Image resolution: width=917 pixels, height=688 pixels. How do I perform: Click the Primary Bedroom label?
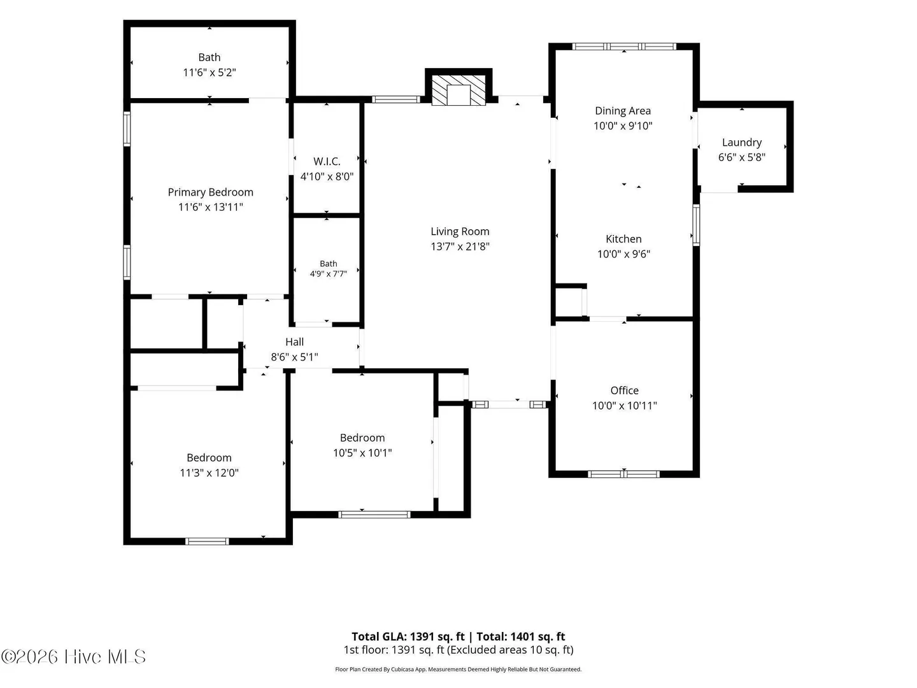pyautogui.click(x=210, y=192)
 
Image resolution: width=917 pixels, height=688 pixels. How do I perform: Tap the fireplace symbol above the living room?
pyautogui.click(x=458, y=90)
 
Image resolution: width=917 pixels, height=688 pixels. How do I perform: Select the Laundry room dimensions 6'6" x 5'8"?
pyautogui.click(x=741, y=157)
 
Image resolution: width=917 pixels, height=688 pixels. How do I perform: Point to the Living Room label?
pyautogui.click(x=460, y=231)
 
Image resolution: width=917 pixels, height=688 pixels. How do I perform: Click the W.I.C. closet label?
pyautogui.click(x=327, y=161)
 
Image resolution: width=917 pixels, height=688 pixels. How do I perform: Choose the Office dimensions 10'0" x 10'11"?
pyautogui.click(x=625, y=405)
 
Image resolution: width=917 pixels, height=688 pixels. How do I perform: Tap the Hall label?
pyautogui.click(x=295, y=341)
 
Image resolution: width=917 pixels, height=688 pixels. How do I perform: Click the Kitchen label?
pyautogui.click(x=623, y=239)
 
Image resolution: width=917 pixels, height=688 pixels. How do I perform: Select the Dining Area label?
pyautogui.click(x=623, y=111)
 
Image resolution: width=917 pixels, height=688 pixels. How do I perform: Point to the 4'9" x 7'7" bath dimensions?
pyautogui.click(x=329, y=274)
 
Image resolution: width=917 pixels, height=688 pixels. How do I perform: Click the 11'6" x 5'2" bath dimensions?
pyautogui.click(x=210, y=73)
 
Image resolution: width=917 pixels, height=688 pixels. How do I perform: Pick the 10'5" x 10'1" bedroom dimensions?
pyautogui.click(x=362, y=453)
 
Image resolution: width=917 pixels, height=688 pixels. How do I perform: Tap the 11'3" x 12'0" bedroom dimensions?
pyautogui.click(x=210, y=473)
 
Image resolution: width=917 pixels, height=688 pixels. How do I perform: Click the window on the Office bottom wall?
pyautogui.click(x=623, y=474)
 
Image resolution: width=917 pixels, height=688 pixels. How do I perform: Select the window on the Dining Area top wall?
pyautogui.click(x=623, y=47)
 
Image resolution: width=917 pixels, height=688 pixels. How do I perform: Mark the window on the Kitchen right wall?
pyautogui.click(x=696, y=225)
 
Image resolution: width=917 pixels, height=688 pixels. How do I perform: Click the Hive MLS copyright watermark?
pyautogui.click(x=73, y=657)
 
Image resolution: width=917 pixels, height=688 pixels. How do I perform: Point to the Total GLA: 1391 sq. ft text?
pyautogui.click(x=408, y=636)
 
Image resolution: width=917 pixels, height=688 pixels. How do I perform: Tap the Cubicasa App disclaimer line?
pyautogui.click(x=458, y=670)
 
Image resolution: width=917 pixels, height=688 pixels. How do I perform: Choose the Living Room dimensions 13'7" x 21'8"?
pyautogui.click(x=460, y=247)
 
